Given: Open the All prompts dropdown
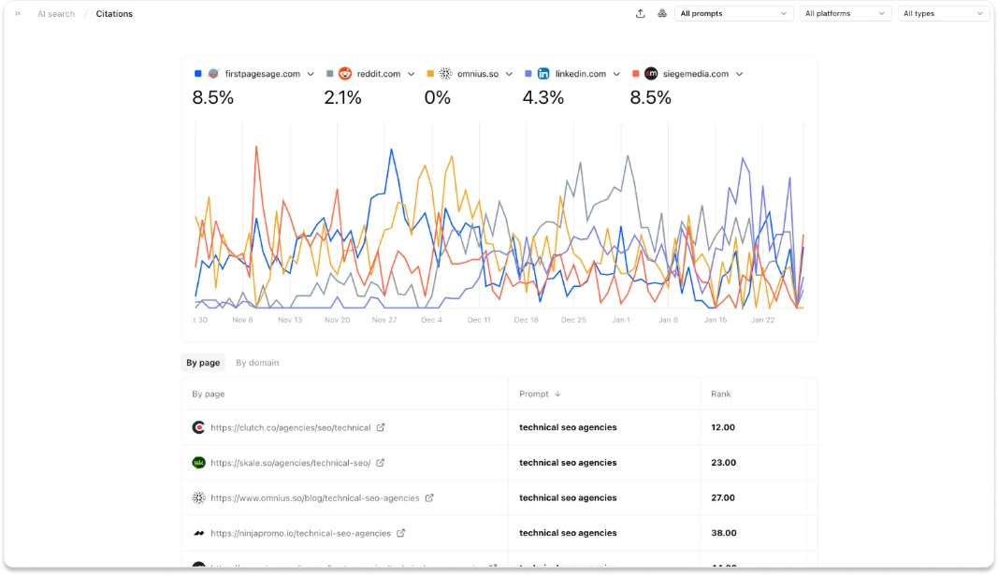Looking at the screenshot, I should [x=734, y=14].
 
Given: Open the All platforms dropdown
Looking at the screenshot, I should [x=846, y=14].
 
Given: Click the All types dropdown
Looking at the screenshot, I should [x=944, y=14].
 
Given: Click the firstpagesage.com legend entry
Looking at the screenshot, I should [x=262, y=74].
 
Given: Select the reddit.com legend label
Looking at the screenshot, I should [x=377, y=74].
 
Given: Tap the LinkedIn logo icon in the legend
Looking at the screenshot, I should [x=543, y=74].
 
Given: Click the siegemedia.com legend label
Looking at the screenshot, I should [x=694, y=74].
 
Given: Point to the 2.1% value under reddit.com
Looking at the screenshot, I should [x=342, y=97].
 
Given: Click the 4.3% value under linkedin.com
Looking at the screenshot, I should [x=542, y=97].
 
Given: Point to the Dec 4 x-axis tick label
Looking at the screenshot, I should [x=431, y=320].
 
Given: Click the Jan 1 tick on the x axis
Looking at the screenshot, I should [x=621, y=320].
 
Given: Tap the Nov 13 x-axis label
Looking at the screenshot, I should [x=290, y=320].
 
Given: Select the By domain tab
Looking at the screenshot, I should [x=257, y=363].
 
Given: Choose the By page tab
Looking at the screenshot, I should [x=203, y=363].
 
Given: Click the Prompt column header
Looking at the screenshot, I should [x=534, y=395].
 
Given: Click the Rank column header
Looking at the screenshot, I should [x=721, y=395].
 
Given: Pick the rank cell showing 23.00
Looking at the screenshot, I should [x=723, y=463].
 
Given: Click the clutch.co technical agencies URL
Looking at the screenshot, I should [x=290, y=427].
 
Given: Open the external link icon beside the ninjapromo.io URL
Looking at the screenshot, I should [x=401, y=533].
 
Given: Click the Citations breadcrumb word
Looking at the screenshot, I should [x=114, y=14].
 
